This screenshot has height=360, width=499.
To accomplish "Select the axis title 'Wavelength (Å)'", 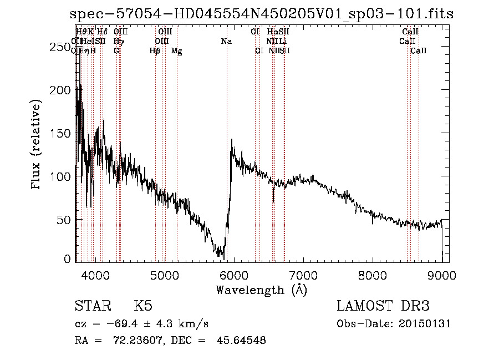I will (x=261, y=290).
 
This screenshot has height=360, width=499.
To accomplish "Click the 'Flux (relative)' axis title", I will (x=37, y=145).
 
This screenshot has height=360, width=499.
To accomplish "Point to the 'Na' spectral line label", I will (x=226, y=42).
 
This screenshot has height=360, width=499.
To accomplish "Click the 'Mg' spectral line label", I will (x=177, y=51).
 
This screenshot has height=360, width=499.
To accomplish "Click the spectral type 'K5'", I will (x=142, y=306).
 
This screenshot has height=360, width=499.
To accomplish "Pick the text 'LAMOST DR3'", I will (x=383, y=306).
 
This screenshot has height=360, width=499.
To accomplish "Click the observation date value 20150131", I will (x=427, y=323).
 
